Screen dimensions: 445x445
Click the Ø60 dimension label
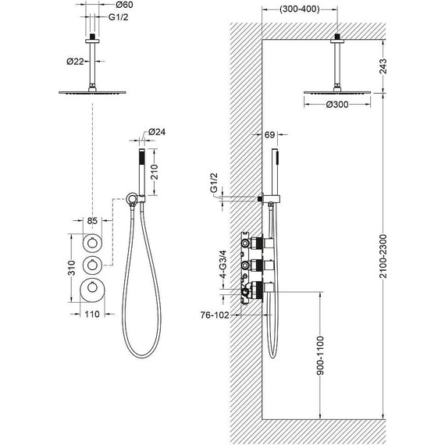click(x=124, y=5)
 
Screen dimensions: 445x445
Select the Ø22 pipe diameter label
click(x=75, y=62)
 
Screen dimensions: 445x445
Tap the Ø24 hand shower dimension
click(x=157, y=132)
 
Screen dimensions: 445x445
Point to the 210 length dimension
click(x=154, y=172)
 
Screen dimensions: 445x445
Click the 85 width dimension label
click(x=92, y=220)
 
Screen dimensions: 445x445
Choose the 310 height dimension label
click(x=72, y=268)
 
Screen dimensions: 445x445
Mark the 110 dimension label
click(x=92, y=314)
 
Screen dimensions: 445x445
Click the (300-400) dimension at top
click(x=300, y=9)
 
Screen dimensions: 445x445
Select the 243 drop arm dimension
click(x=383, y=66)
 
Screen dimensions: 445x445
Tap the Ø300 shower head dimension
click(x=337, y=105)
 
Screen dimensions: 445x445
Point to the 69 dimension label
click(x=269, y=135)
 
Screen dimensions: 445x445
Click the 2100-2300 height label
click(x=383, y=256)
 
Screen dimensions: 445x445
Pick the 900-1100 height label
click(x=320, y=355)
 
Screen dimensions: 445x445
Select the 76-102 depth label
click(x=215, y=315)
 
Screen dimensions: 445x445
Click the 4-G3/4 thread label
click(x=223, y=264)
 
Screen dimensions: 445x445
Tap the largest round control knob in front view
click(x=92, y=287)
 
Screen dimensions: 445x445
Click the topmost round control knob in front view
click(x=92, y=243)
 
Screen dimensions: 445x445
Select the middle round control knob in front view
click(x=92, y=265)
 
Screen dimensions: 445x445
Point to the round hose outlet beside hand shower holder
click(x=131, y=198)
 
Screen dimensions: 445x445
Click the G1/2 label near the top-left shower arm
click(x=119, y=17)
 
